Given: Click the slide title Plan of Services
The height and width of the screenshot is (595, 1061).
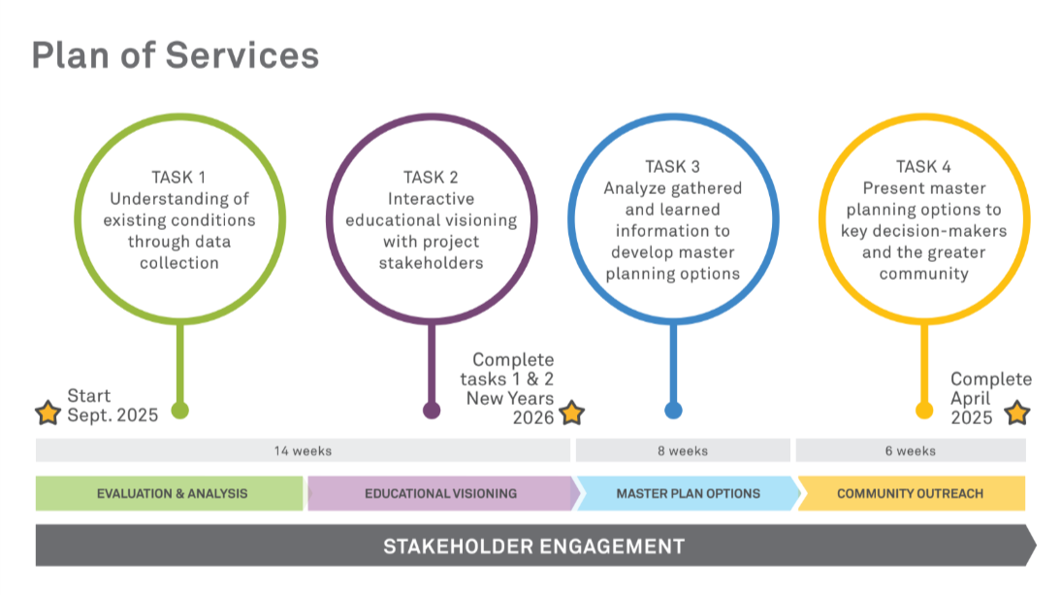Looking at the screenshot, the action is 176,54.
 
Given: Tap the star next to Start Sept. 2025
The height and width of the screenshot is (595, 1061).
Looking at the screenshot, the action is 48,413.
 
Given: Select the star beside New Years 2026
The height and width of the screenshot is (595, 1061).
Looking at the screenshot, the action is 572,413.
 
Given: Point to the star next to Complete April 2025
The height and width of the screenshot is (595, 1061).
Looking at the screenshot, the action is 1017,413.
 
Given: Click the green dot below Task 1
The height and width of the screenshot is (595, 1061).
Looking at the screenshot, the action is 180,411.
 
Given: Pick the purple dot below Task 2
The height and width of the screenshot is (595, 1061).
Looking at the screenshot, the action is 432,411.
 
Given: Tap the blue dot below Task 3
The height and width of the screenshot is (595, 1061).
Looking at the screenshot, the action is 673,411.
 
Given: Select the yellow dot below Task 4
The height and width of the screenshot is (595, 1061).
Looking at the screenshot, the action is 924,411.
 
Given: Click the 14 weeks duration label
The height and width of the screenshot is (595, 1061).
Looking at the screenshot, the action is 304,450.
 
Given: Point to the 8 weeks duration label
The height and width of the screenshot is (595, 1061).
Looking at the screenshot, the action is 683,450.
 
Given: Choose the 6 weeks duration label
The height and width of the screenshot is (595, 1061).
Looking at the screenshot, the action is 911,450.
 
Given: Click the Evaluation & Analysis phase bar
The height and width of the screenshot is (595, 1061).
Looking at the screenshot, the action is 170,493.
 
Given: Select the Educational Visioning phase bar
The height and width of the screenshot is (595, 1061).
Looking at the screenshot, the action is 441,493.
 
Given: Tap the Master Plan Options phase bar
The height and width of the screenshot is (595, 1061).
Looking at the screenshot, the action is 689,493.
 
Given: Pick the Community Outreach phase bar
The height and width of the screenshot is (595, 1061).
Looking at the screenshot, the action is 911,493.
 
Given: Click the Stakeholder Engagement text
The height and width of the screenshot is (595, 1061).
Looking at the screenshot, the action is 533,546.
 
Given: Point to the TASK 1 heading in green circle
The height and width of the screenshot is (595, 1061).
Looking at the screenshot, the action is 178,178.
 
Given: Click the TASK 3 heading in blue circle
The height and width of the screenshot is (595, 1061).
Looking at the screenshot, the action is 673,167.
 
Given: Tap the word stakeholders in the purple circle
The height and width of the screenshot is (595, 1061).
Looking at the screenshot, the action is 431,263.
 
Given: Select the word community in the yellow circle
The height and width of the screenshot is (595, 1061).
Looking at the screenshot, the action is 923,274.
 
